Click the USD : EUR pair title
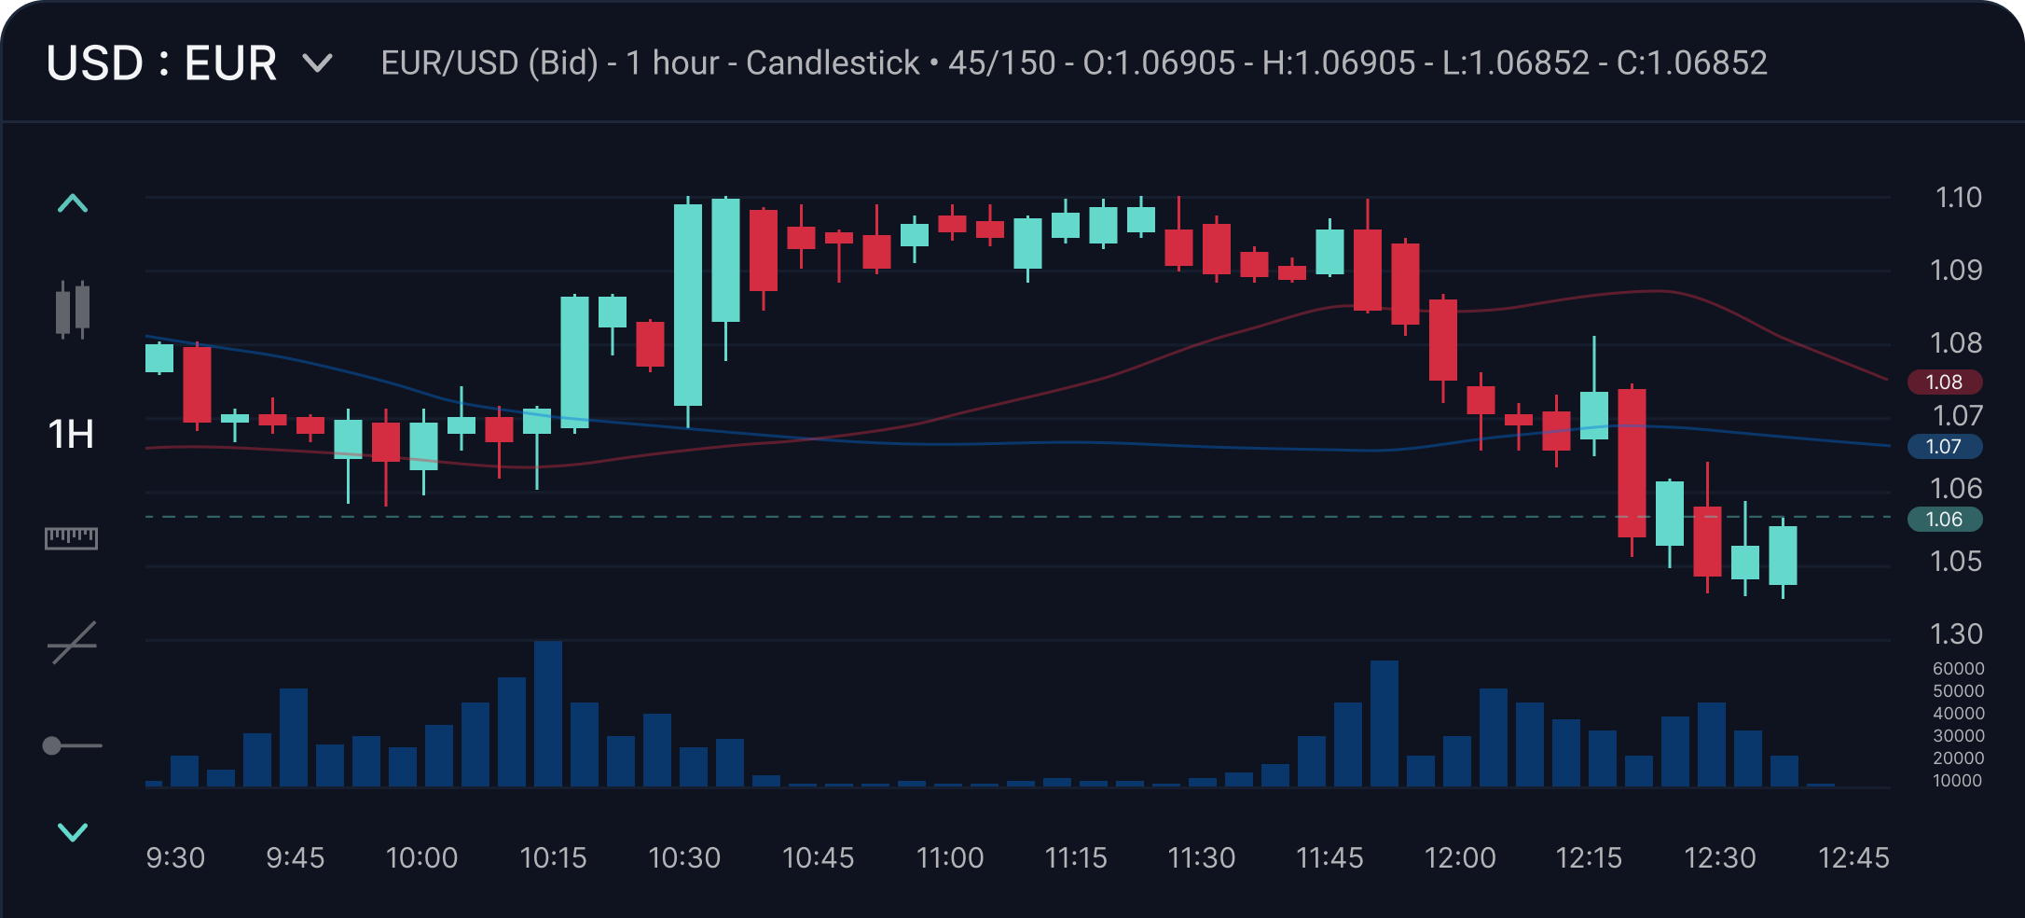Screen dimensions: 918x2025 click(161, 63)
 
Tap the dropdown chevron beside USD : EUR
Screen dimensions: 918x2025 click(318, 63)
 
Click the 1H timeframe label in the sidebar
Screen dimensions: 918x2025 click(71, 435)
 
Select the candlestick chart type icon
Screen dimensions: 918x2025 click(73, 310)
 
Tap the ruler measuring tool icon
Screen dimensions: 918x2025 click(71, 538)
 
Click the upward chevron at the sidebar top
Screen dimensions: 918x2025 click(73, 203)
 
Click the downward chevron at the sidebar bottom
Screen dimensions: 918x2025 click(73, 831)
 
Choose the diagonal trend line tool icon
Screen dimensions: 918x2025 click(73, 643)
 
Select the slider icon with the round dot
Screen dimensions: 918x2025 click(72, 745)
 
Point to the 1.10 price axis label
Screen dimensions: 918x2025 click(1958, 198)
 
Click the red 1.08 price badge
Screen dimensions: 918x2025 click(1944, 382)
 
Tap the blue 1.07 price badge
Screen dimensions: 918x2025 click(1944, 447)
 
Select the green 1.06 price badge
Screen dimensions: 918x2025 click(1944, 520)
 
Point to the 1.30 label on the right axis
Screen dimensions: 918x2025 click(1956, 634)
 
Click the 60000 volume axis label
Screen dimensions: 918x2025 click(1958, 668)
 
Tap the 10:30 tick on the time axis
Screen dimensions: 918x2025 click(684, 857)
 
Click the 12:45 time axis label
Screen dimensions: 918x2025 click(1853, 857)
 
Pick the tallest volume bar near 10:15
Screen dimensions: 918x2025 click(548, 714)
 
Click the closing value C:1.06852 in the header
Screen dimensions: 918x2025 click(1691, 63)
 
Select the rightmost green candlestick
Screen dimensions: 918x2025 click(1783, 555)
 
